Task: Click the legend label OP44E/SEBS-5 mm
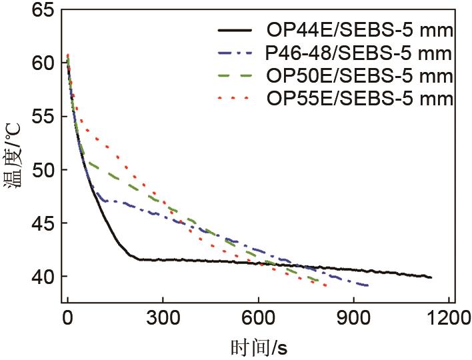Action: click(x=360, y=30)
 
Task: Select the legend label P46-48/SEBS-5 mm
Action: click(x=359, y=53)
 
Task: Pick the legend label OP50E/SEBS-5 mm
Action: click(x=360, y=75)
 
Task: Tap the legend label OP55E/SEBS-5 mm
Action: click(x=360, y=99)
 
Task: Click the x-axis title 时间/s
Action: click(x=259, y=347)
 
